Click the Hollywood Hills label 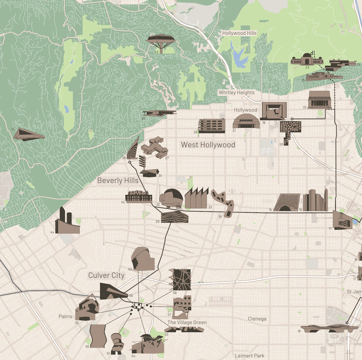coord(239,33)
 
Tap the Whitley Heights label coord(236,92)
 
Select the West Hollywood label coord(208,145)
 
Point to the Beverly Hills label coord(118,180)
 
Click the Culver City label coord(106,275)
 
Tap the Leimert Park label coord(249,356)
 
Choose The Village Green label coord(187,322)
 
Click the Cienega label coord(257,319)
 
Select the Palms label coord(65,316)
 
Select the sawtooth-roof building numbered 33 coord(196,199)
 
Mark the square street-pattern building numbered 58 coord(180,280)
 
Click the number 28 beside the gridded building coord(195,132)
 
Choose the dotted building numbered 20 coord(290,130)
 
